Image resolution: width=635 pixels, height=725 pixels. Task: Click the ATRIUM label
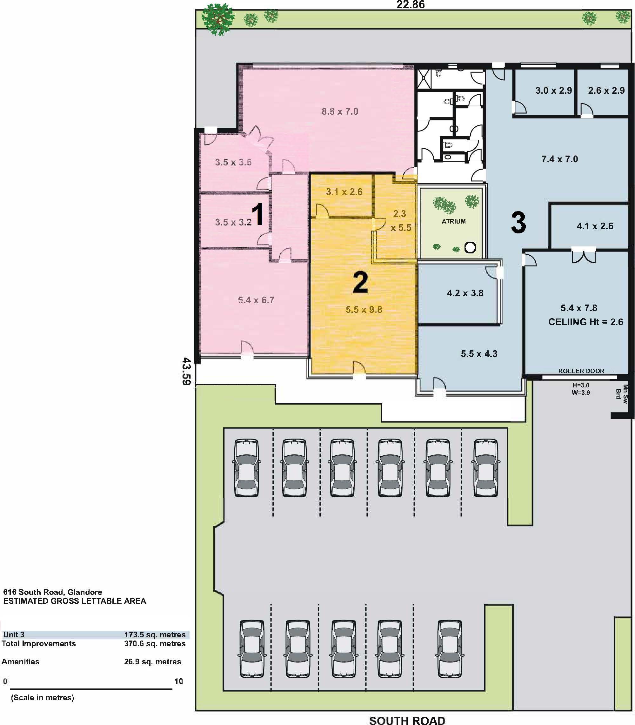pos(454,221)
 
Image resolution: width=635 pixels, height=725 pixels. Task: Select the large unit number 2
pos(360,282)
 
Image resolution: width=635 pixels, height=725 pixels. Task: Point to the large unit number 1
pos(258,214)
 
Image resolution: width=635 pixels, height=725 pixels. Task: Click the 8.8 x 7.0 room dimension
pos(340,111)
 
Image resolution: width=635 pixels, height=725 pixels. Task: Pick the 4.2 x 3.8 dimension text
pos(465,293)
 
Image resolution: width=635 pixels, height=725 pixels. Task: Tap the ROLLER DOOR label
pos(581,371)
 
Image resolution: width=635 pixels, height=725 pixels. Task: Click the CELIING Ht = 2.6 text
pos(585,322)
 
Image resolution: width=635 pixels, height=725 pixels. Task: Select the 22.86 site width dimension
pos(410,5)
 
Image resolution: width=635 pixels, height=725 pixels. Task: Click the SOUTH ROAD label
pos(407,720)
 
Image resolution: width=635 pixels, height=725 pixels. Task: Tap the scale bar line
pos(91,689)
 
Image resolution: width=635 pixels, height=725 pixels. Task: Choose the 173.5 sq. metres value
pos(155,634)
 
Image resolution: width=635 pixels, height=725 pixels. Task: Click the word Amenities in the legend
pos(20,661)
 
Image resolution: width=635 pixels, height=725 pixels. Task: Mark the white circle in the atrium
pos(470,247)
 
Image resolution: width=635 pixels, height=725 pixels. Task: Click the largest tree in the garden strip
pos(218,19)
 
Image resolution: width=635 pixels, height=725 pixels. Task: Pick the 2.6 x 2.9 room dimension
pos(606,91)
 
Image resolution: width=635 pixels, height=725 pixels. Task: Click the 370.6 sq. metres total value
pos(155,643)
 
